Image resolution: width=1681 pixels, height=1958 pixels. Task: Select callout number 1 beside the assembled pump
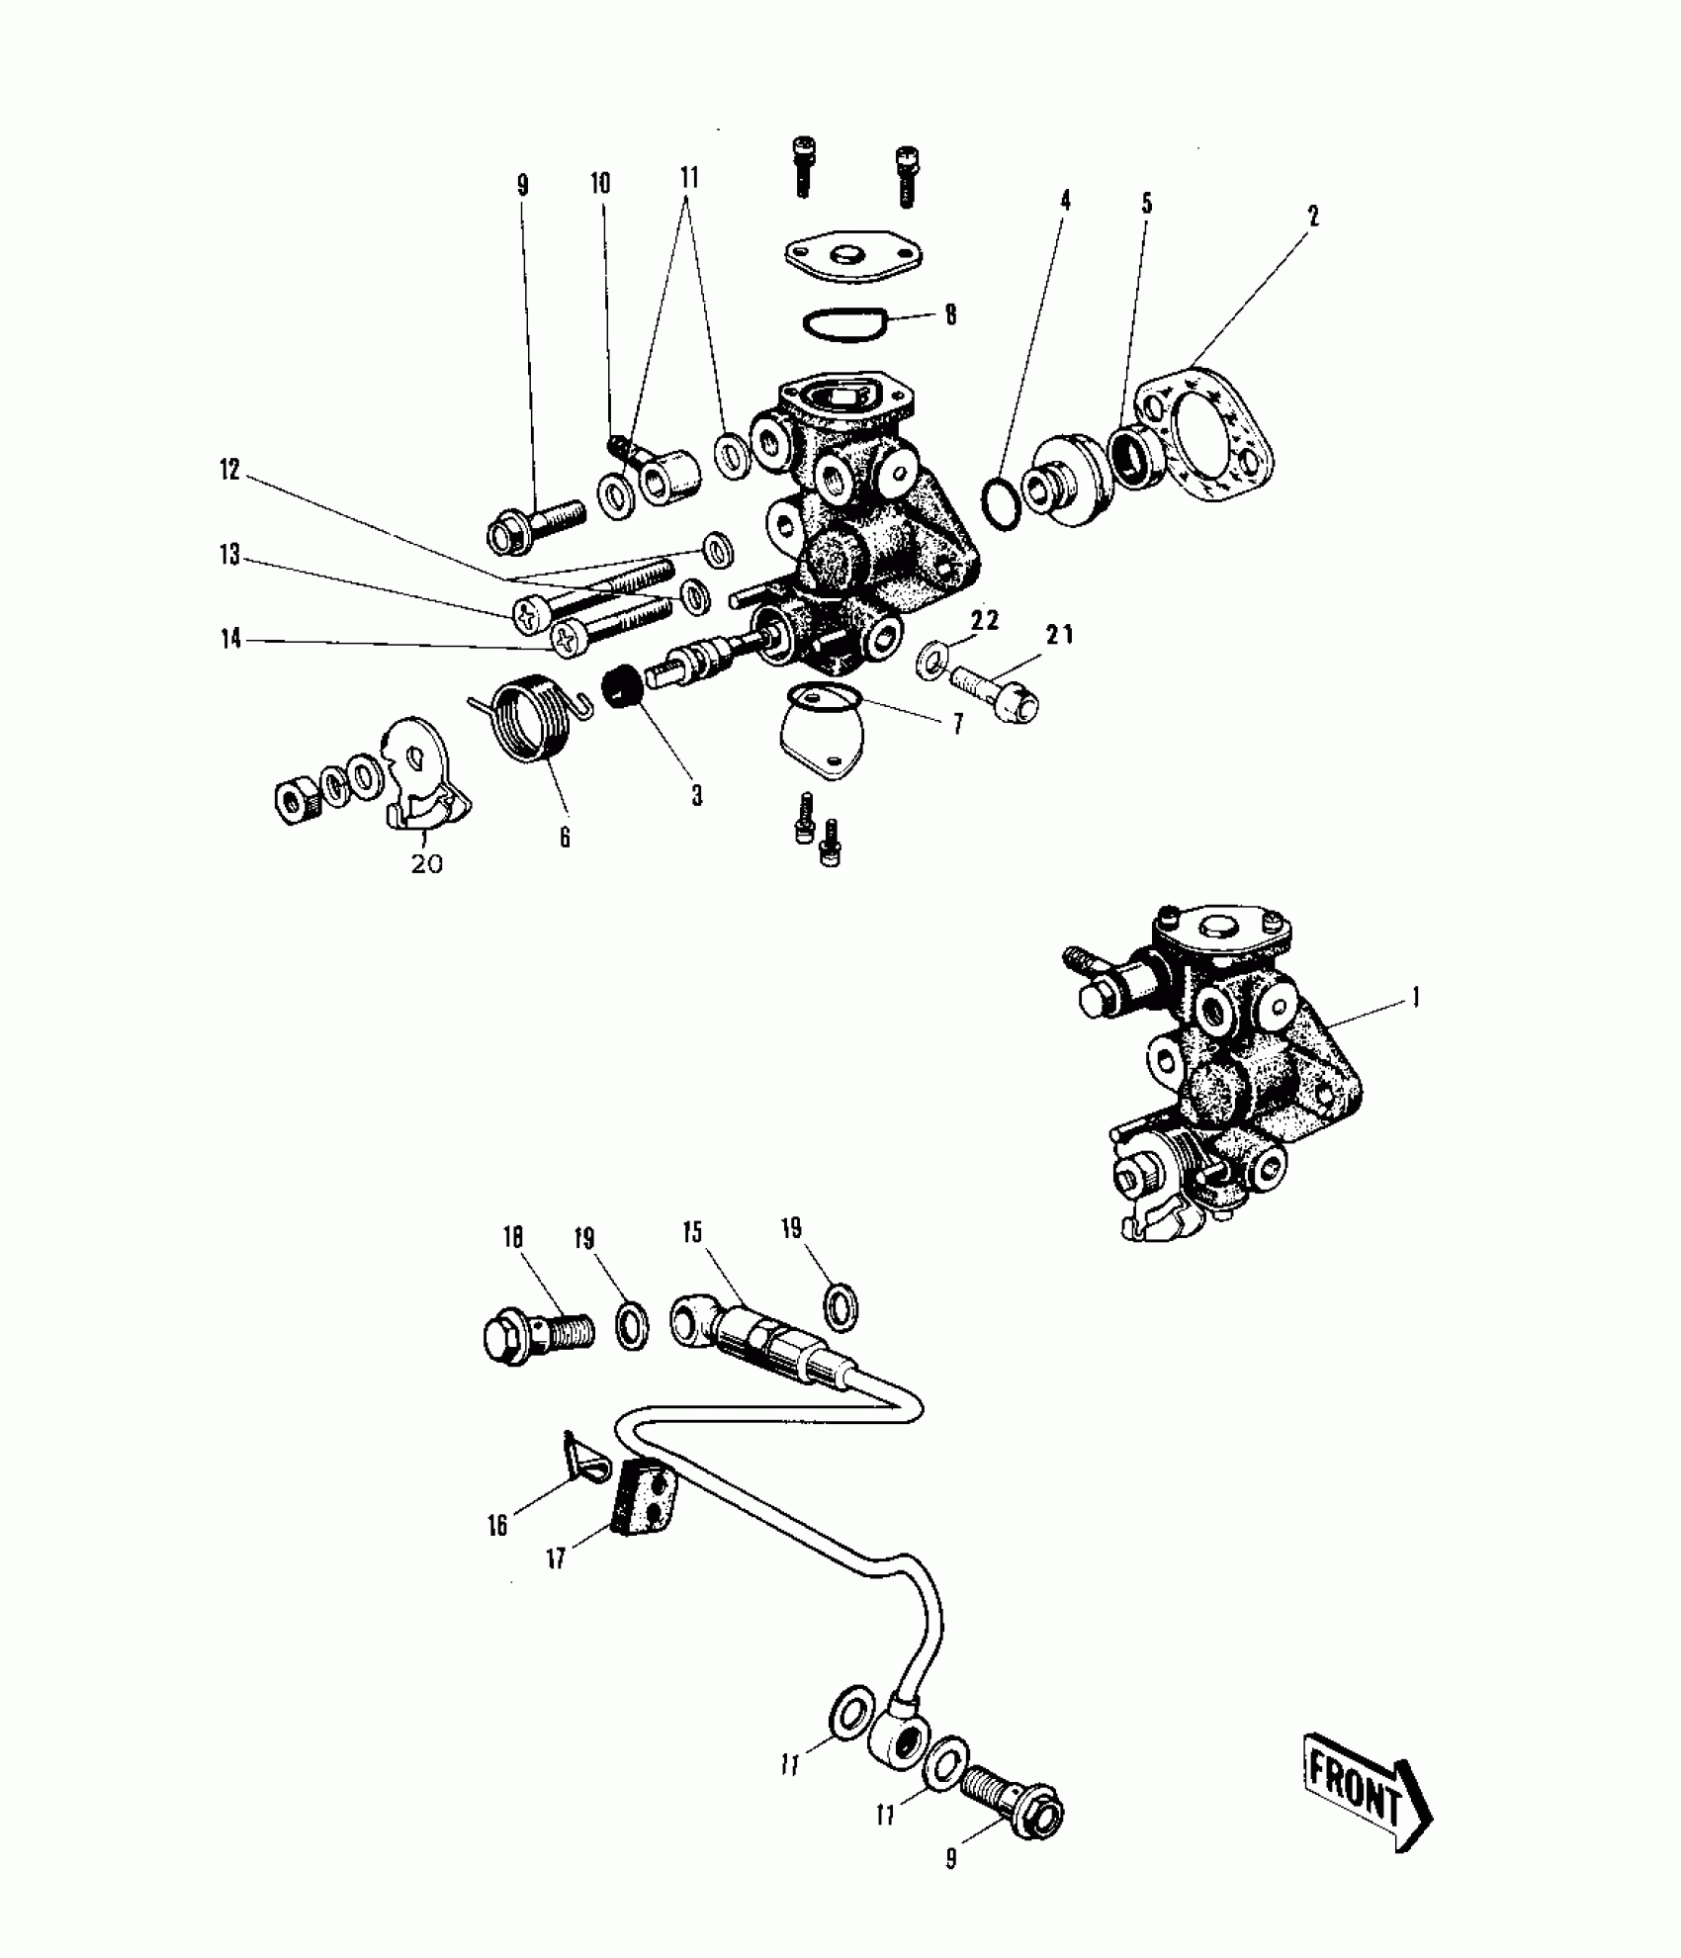(1415, 998)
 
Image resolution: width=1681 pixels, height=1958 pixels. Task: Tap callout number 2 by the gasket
(1313, 217)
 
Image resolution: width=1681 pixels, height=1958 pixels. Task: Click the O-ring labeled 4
(1001, 504)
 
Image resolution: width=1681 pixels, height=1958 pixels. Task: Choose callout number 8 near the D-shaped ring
(950, 315)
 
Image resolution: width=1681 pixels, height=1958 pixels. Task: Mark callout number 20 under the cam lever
(426, 864)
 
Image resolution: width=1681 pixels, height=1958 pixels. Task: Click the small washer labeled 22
(930, 660)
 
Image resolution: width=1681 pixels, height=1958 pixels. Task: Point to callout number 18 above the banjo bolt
(512, 1238)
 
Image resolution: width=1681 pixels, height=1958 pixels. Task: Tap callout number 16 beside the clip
(497, 1525)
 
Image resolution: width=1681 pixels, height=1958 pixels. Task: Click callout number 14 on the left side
(230, 640)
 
